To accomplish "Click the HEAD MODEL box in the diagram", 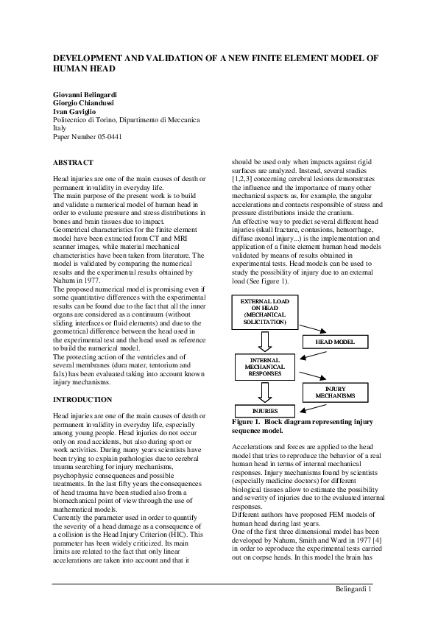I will pos(336,342).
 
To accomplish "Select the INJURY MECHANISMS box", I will pos(335,392).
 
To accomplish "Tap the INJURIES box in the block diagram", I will pos(265,411).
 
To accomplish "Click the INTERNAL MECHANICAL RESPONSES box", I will pos(264,366).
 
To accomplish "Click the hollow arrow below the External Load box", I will pos(265,341).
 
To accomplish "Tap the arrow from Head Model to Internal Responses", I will pos(309,354).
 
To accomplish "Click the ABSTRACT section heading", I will pos(74,161).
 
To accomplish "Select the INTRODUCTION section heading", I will pos(83,400).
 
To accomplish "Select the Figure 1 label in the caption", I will pos(250,422).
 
